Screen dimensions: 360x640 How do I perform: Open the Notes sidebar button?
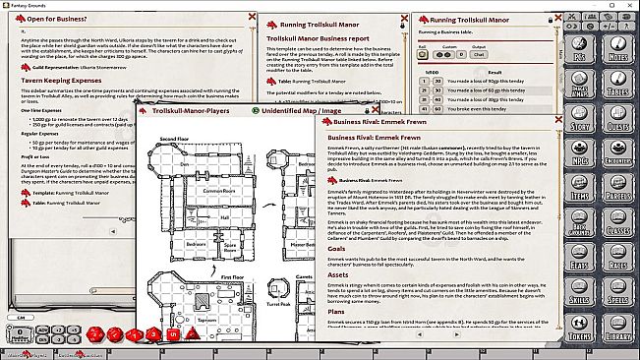point(619,54)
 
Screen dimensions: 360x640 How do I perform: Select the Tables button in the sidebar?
point(619,88)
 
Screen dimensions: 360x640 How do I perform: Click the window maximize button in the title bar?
point(610,5)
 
